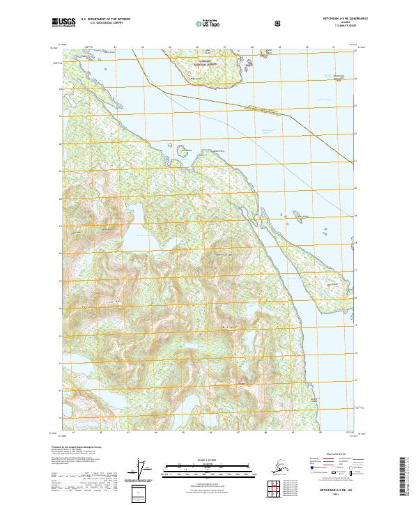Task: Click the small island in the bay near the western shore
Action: point(184,150)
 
